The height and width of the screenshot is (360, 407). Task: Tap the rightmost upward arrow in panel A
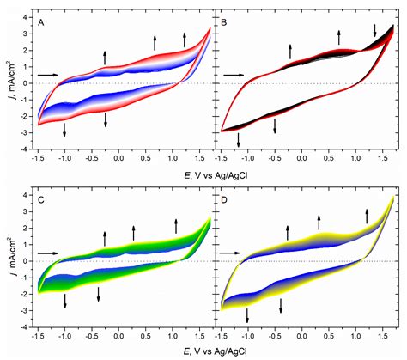coord(185,38)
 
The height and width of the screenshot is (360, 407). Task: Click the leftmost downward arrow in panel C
coord(64,301)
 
